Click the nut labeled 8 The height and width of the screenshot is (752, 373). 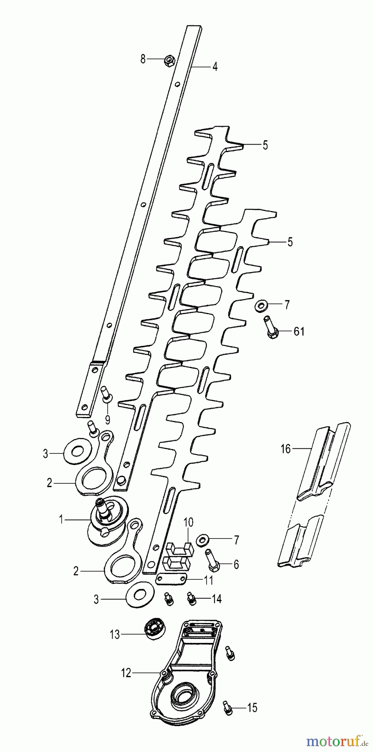pos(169,61)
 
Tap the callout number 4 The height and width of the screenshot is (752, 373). pos(215,66)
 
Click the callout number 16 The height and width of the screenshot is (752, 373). pos(285,449)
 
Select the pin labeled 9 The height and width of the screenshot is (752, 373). pos(106,395)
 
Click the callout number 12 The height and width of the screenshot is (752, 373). pos(126,673)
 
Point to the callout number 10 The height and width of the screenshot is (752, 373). pos(188,522)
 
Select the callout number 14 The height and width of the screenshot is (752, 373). pos(216,599)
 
